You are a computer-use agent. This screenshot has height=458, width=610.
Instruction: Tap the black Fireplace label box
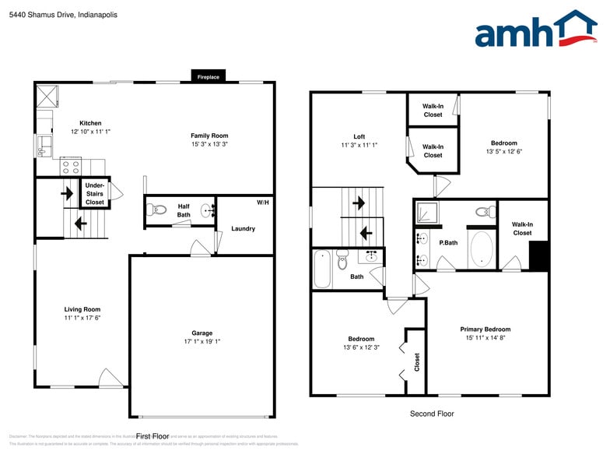208,77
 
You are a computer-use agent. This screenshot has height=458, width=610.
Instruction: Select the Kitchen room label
90,123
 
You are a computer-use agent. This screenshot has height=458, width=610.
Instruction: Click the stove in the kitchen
71,166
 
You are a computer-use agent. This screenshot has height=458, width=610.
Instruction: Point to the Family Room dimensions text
209,144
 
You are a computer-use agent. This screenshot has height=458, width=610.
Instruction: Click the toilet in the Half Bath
158,210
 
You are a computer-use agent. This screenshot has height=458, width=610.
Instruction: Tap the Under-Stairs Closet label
95,194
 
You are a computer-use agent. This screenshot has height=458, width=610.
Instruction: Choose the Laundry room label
243,229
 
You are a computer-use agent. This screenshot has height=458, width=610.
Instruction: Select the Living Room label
82,309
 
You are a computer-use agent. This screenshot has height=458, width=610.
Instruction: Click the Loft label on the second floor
359,136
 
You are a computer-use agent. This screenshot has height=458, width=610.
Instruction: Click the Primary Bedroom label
485,329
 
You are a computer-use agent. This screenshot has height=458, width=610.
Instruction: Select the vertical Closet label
417,361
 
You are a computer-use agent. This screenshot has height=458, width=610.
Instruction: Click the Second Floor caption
432,414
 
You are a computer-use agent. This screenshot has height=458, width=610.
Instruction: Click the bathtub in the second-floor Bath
323,269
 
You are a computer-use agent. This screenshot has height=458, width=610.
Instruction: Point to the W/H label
262,203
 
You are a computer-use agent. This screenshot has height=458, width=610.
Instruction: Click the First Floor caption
152,436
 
